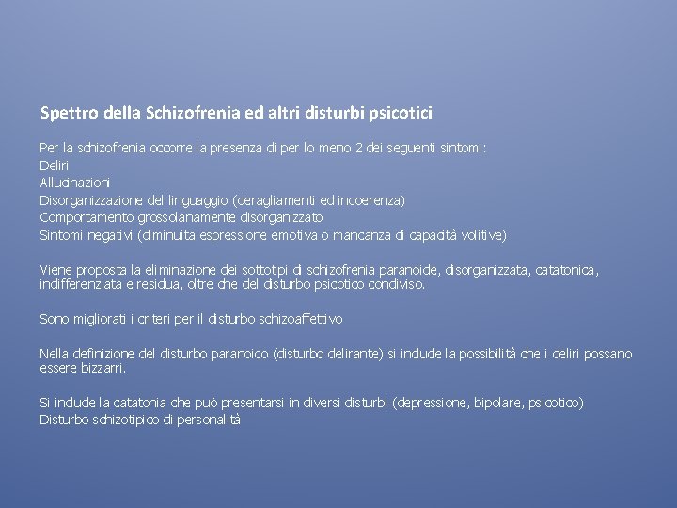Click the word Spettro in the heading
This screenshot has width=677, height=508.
[x=66, y=114]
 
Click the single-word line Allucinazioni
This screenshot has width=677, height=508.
[x=74, y=182]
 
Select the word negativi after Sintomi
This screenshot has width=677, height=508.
[x=109, y=234]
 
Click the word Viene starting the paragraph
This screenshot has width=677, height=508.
[x=55, y=269]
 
